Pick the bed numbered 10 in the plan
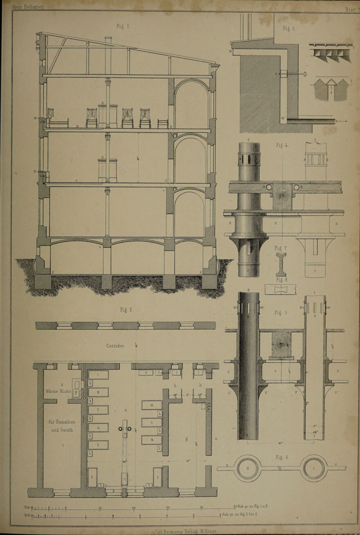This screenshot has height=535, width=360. click(151, 405)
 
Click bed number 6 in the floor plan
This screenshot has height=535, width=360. click(92, 477)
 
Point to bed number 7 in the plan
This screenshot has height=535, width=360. click(157, 477)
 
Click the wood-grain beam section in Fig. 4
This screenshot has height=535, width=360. click(282, 196)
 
